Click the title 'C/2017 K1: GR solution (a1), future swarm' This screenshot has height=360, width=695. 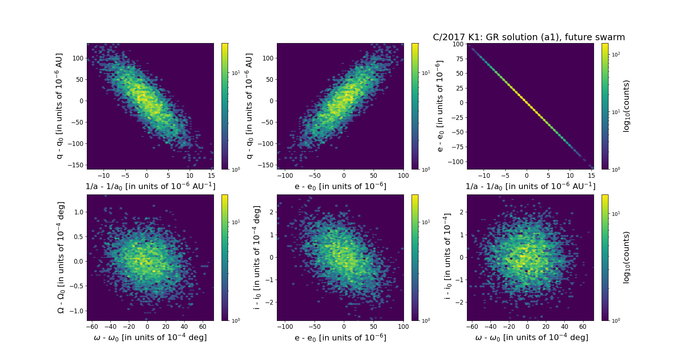[528, 37]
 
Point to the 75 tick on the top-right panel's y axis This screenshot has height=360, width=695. [458, 59]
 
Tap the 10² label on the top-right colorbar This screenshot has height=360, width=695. [615, 54]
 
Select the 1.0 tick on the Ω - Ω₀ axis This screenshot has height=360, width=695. [78, 212]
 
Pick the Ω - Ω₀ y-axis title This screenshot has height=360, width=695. [61, 258]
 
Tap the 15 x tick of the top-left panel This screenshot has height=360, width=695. [211, 176]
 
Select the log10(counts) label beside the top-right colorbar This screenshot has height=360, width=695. [626, 106]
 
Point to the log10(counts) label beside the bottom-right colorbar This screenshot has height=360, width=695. [626, 258]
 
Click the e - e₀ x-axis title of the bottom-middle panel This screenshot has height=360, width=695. [340, 338]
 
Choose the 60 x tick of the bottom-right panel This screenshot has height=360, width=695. [583, 327]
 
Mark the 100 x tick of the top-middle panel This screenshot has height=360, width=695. [403, 176]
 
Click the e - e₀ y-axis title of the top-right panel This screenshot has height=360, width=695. [440, 106]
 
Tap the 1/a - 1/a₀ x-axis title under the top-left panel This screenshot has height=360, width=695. [150, 187]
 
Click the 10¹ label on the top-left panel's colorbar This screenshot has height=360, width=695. [236, 73]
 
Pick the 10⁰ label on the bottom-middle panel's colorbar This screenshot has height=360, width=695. [426, 321]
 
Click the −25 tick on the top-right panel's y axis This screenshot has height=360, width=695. [457, 118]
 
